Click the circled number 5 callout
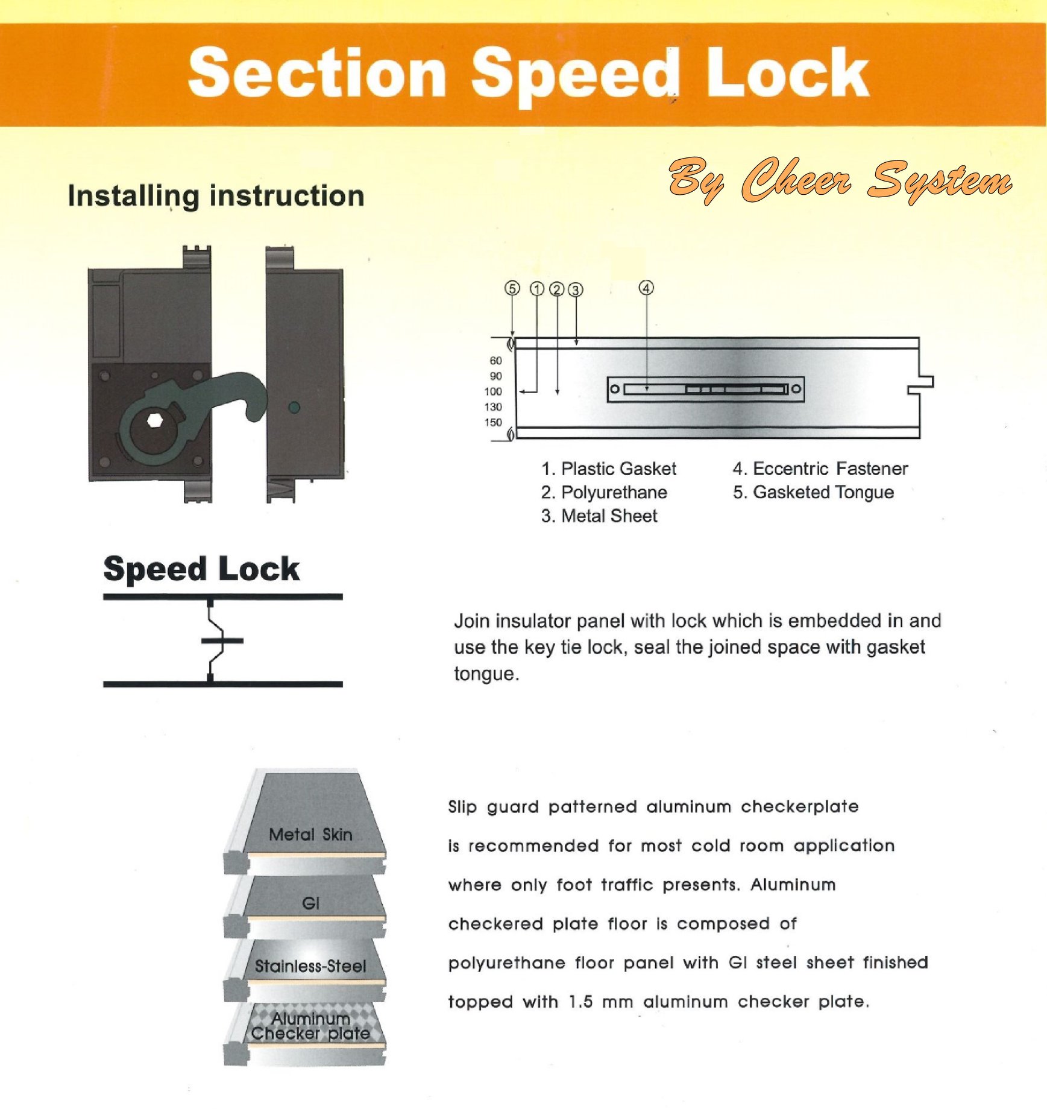coord(512,288)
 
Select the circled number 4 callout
coord(646,288)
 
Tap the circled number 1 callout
coord(536,289)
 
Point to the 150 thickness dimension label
coord(493,422)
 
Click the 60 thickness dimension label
coord(495,361)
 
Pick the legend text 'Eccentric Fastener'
coord(830,469)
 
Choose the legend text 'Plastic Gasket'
coord(618,469)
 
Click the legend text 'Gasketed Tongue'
coord(823,492)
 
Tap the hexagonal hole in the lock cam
coord(154,420)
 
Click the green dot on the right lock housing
coord(294,408)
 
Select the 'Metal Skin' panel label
coord(310,835)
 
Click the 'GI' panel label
coord(310,903)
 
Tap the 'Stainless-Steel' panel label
coord(310,966)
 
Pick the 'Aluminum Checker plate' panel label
coord(310,1026)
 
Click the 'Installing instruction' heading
coord(216,197)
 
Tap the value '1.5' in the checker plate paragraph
coord(581,1002)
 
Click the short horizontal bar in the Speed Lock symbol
coord(222,640)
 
